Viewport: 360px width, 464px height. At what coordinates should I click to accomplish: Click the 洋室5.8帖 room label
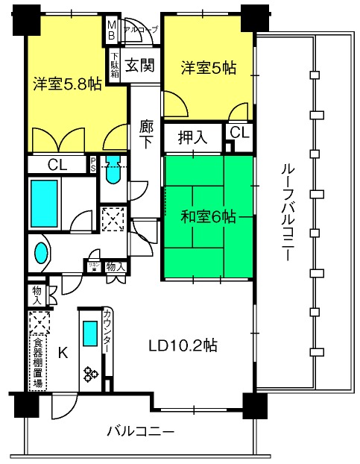66,84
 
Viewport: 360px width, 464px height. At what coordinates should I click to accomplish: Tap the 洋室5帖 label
209,68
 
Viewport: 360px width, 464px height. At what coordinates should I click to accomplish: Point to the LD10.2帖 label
183,345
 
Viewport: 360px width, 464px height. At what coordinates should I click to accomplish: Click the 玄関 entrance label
139,66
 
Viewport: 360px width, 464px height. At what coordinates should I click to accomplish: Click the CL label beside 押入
238,132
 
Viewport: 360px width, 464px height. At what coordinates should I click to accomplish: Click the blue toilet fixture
113,172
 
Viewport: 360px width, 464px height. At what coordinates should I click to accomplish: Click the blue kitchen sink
90,333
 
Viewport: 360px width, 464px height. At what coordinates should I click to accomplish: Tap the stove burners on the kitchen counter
91,373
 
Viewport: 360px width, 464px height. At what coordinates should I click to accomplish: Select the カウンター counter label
109,332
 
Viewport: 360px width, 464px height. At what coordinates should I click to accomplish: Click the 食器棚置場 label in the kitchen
37,363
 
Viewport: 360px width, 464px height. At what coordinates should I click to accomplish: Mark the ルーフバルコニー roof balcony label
284,213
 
